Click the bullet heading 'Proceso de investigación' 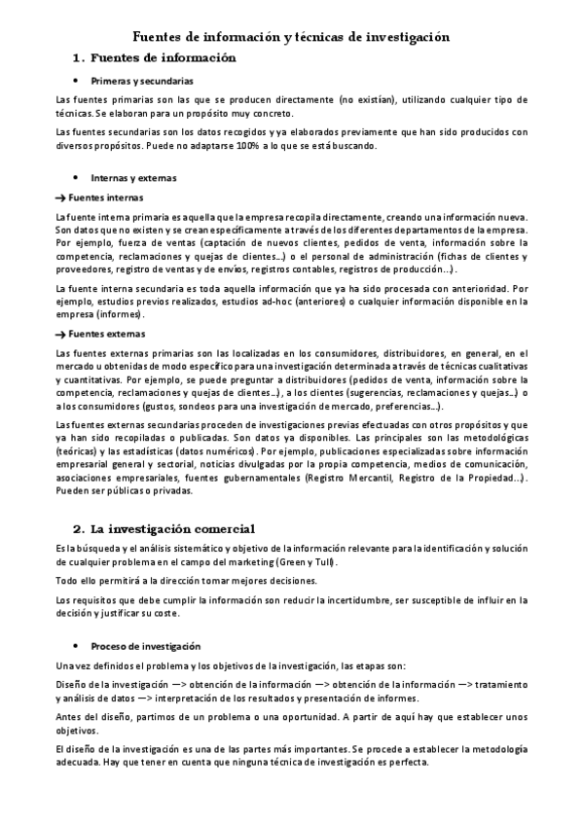[x=145, y=646]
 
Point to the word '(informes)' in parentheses [x=122, y=314]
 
